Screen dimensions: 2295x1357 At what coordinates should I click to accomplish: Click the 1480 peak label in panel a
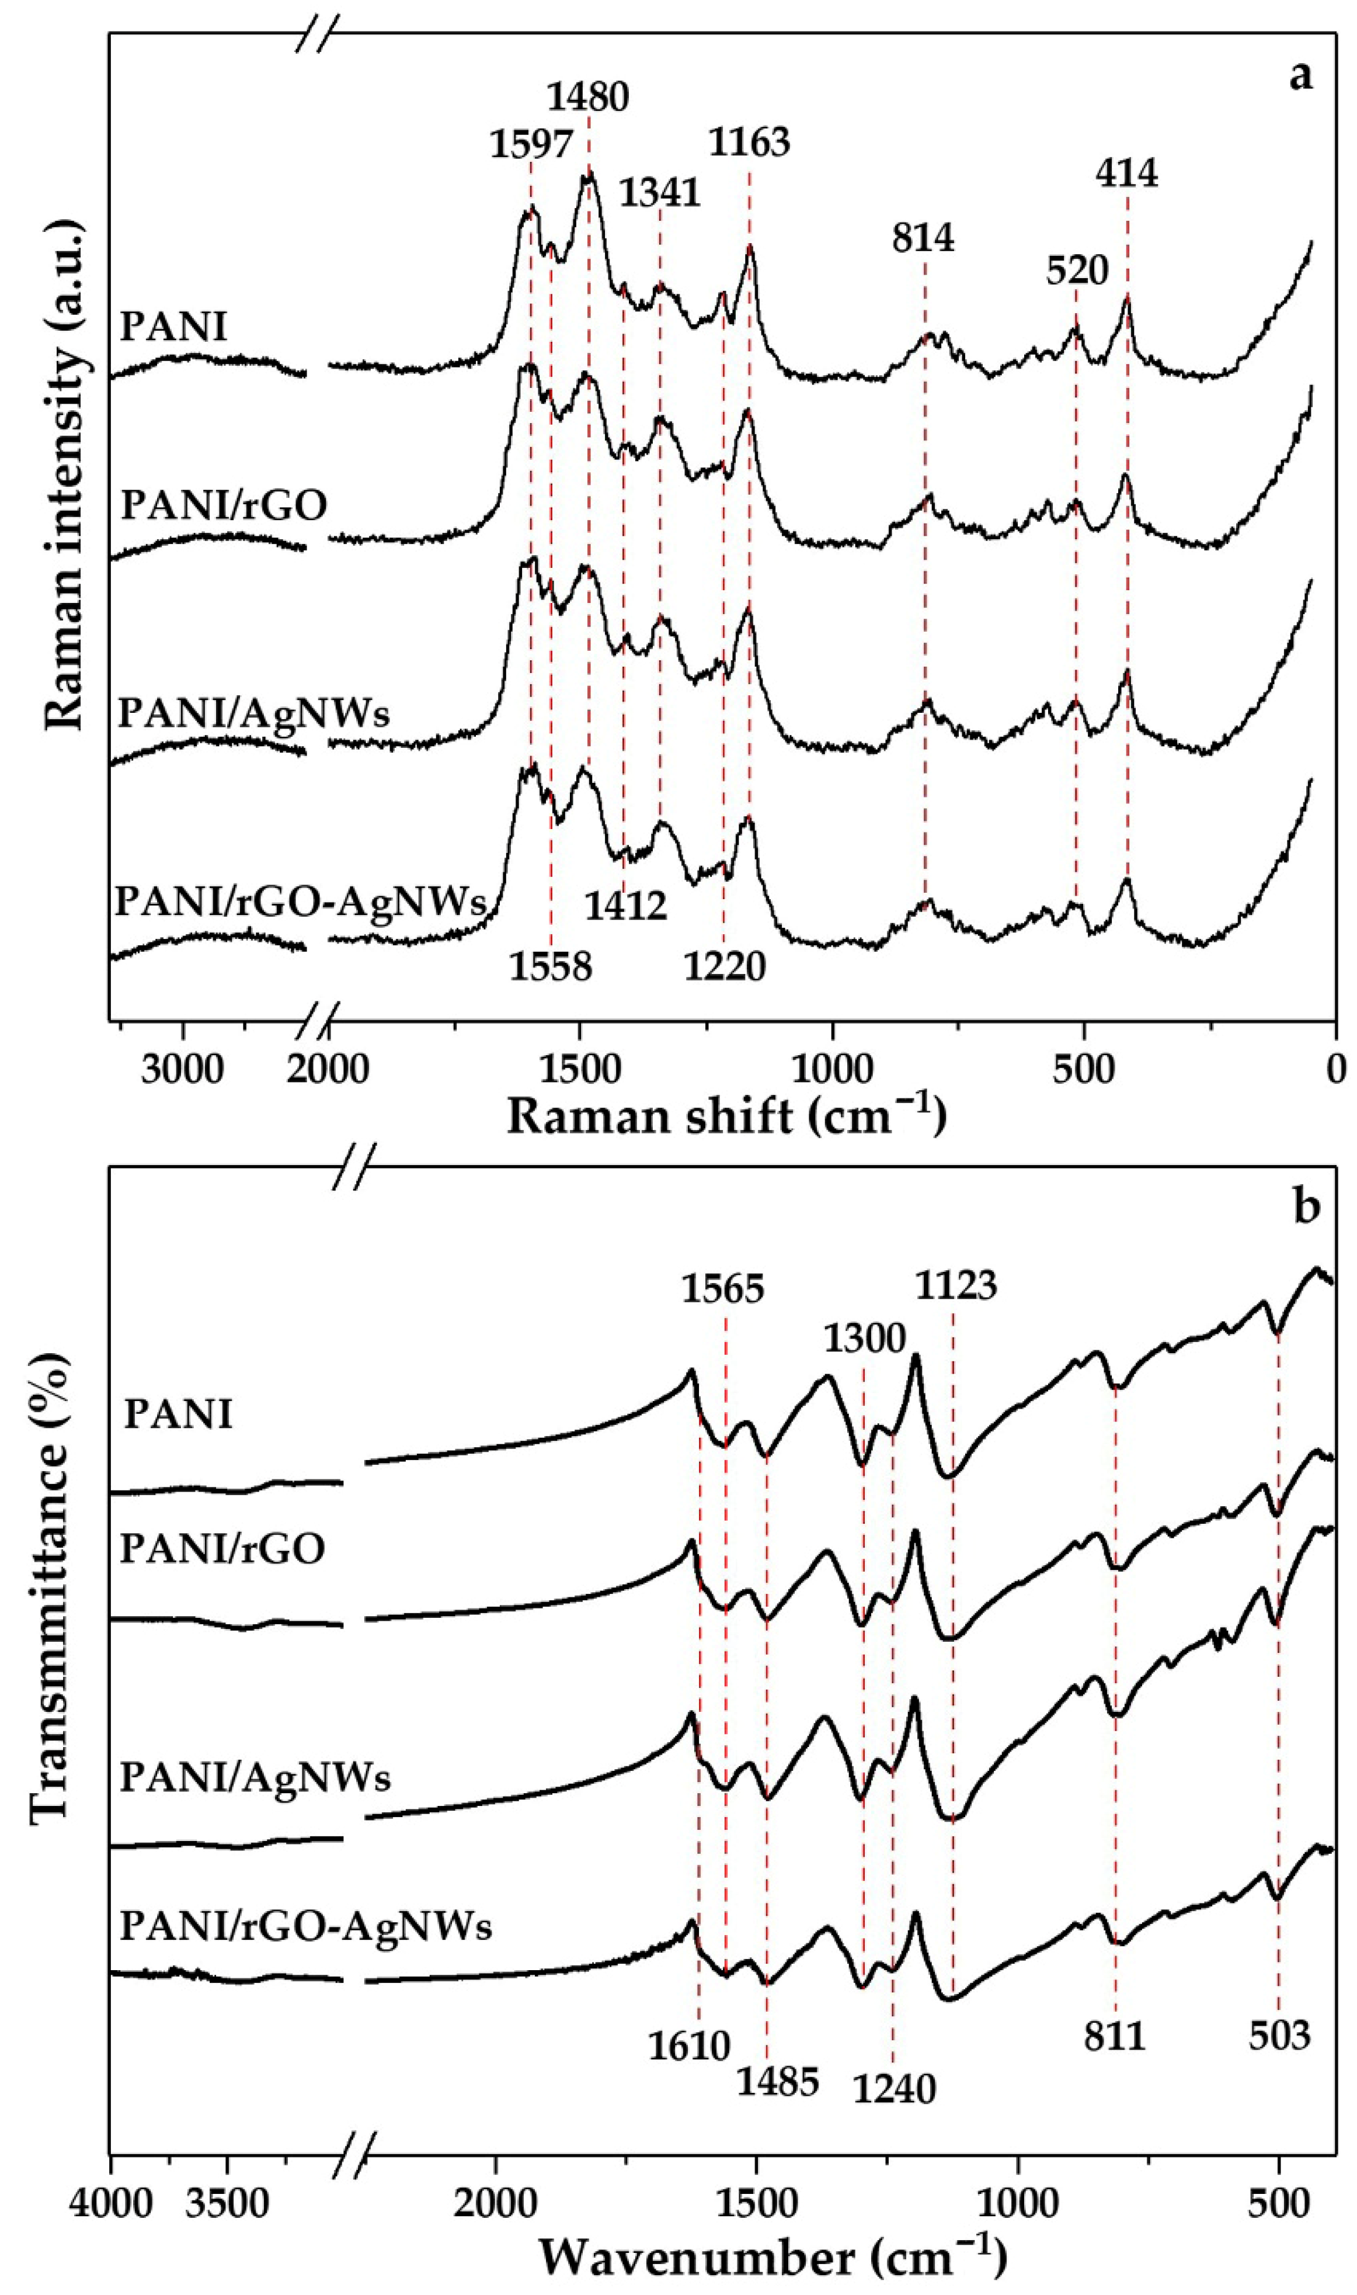pos(588,96)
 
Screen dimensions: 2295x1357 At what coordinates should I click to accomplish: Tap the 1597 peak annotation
pos(531,144)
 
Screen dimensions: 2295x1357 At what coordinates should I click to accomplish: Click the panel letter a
pos(1300,75)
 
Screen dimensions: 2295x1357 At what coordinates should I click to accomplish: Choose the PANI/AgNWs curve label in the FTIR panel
pos(256,1777)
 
